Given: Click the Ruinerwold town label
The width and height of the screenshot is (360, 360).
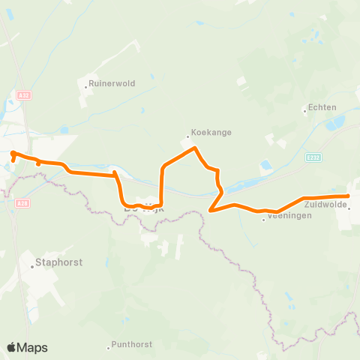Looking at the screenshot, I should pos(112,84).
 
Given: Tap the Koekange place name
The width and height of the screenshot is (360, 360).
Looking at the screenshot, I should pos(211,132).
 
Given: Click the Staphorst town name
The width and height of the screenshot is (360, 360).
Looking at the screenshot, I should pos(59,263).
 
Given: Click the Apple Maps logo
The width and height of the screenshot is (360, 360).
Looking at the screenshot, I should pos(27,347).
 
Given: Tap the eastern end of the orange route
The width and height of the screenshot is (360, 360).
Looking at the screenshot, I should pos(348,196).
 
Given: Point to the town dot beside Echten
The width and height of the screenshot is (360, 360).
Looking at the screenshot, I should pos(304,111).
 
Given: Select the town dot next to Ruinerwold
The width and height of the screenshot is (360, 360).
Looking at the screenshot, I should pos(86,87).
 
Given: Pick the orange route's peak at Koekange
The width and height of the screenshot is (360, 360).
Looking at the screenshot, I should pos(195,148).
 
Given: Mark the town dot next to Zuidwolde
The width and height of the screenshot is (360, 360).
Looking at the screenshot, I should pos(349,208).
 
